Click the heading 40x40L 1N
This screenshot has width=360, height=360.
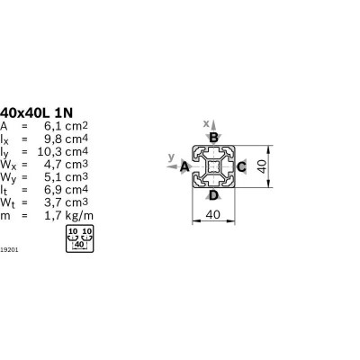pyautogui.click(x=36, y=112)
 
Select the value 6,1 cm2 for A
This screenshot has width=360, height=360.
pyautogui.click(x=66, y=126)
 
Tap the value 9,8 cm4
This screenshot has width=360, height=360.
pyautogui.click(x=66, y=139)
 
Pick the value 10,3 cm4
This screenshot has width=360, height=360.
pyautogui.click(x=63, y=152)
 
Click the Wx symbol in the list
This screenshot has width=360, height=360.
pyautogui.click(x=6, y=165)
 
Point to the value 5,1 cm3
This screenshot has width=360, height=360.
pyautogui.click(x=66, y=177)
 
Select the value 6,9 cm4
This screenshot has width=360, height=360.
pyautogui.click(x=66, y=190)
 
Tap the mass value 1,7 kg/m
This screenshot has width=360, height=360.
pyautogui.click(x=69, y=215)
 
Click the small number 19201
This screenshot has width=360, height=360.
pyautogui.click(x=9, y=249)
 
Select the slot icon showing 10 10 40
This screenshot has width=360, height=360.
pyautogui.click(x=80, y=238)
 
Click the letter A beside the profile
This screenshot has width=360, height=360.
pyautogui.click(x=184, y=166)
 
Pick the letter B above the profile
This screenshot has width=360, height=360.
pyautogui.click(x=213, y=138)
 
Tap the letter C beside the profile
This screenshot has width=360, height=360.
pyautogui.click(x=241, y=166)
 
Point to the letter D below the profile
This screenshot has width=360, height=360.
pyautogui.click(x=213, y=195)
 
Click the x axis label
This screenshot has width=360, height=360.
pyautogui.click(x=206, y=123)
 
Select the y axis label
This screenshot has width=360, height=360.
pyautogui.click(x=171, y=157)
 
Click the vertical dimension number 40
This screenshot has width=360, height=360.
pyautogui.click(x=262, y=166)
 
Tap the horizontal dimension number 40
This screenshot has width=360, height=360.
pyautogui.click(x=213, y=215)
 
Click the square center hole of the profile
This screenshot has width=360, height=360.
pyautogui.click(x=213, y=166)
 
